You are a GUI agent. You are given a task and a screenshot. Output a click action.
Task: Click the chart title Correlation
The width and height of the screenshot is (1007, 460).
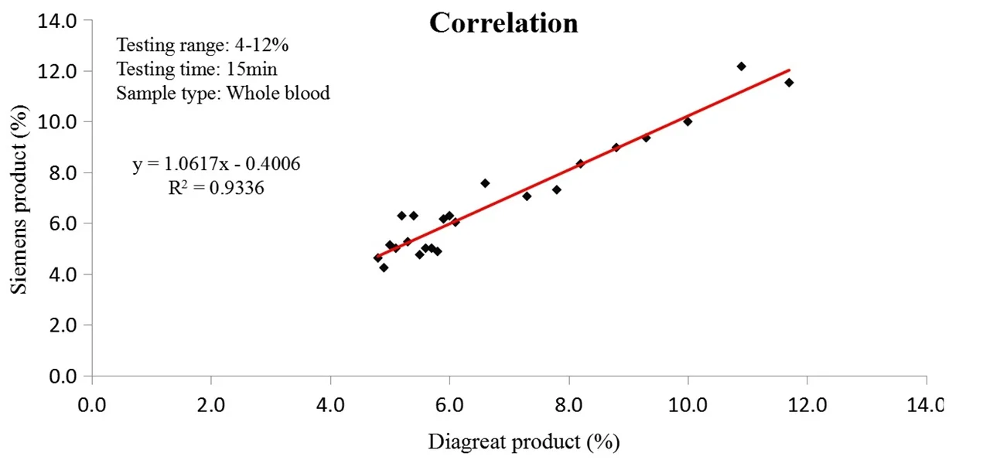coord(503,23)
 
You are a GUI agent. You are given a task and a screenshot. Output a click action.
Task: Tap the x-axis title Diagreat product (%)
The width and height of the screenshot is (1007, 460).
coord(524,441)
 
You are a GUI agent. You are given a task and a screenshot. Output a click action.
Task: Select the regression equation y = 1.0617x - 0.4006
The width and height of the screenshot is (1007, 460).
coord(217,164)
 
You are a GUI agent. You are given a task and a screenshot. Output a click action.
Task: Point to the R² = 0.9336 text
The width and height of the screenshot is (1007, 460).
coord(217,188)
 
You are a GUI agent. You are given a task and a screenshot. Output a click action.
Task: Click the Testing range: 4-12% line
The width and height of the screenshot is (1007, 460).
coord(202,45)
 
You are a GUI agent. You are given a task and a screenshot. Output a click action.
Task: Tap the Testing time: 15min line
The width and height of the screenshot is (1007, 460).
coord(196,69)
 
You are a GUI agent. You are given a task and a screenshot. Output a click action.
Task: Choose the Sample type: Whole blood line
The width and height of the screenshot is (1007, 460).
coord(223,94)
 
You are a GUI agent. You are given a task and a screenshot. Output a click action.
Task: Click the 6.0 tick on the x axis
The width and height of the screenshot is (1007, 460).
coord(449,404)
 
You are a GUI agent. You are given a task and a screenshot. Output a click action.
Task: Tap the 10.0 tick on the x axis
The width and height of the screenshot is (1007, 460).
coord(688,404)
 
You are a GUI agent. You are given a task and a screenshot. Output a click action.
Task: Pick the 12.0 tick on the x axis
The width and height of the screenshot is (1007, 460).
coord(807,404)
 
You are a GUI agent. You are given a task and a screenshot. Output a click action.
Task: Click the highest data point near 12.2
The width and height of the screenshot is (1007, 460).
coord(741,66)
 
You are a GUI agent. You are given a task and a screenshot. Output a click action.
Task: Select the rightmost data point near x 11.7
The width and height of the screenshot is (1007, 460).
coord(789,83)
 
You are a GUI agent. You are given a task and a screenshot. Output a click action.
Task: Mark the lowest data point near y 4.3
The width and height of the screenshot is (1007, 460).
coord(384,267)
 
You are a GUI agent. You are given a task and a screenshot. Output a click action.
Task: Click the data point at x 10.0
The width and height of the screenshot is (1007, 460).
coord(688,121)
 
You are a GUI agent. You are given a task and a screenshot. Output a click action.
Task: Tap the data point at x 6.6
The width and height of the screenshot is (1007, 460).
coord(485,183)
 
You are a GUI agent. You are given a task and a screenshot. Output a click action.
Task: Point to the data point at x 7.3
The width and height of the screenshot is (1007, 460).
coord(527,196)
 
